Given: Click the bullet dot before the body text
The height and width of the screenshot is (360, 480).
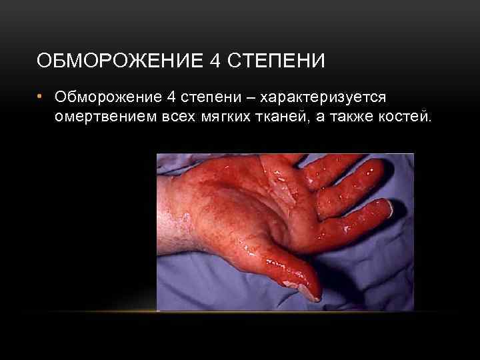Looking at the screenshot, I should pyautogui.click(x=40, y=97).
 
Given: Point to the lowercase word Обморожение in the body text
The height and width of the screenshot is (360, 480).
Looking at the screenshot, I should pyautogui.click(x=107, y=98).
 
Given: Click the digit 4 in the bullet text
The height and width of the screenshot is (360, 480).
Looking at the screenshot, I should pyautogui.click(x=171, y=98).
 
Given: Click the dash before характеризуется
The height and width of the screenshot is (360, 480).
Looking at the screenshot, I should pyautogui.click(x=251, y=98).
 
